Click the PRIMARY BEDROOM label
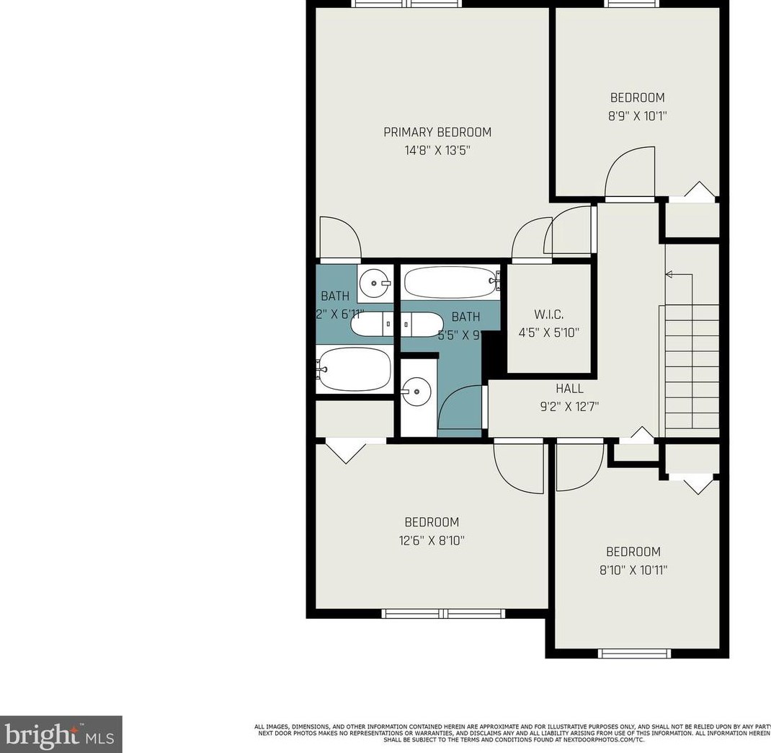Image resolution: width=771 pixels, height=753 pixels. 437,132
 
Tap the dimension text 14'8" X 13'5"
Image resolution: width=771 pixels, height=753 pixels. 437,151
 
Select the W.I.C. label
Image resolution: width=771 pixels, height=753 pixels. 549,314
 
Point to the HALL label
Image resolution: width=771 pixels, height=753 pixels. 569,389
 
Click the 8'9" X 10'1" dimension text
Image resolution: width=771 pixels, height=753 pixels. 638,115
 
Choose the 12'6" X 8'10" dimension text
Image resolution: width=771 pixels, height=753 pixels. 431,540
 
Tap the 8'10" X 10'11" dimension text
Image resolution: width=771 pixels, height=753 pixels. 633,570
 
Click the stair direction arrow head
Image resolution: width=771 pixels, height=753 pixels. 669,274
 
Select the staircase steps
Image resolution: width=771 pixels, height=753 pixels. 692,368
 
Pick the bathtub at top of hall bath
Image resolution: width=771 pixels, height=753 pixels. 451,281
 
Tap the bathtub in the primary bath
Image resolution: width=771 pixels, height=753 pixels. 355,369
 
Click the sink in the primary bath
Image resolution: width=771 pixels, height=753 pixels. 375,283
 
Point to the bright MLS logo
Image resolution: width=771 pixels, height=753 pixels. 61,734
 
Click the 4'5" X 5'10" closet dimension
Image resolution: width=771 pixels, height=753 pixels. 549,333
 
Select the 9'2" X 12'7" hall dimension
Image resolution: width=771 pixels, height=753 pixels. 569,407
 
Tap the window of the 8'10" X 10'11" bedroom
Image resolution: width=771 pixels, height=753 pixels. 634,653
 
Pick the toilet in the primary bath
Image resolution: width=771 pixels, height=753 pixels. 372,325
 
